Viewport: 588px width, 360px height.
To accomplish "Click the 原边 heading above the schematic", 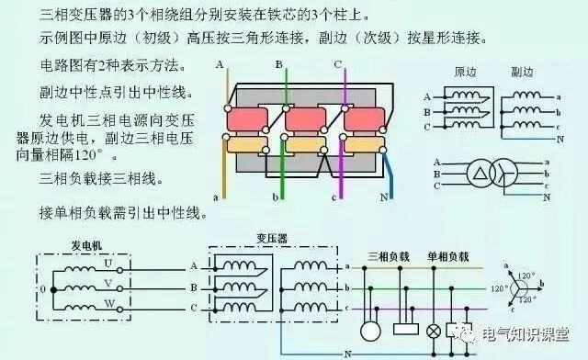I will (x=466, y=71).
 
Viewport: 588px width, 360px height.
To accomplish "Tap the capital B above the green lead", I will (x=278, y=64).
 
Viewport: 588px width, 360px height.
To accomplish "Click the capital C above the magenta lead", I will (x=338, y=64).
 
